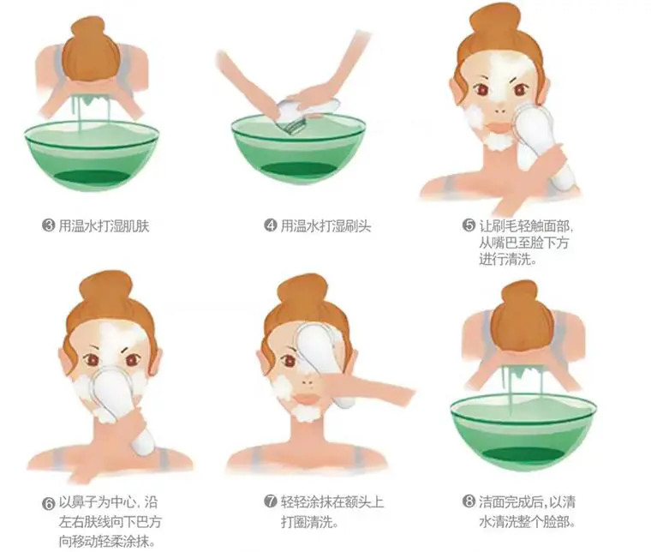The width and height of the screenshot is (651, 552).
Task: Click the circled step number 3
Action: pos(49,226)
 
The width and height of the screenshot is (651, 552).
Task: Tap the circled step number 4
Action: pos(271,226)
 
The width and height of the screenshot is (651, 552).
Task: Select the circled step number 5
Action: pos(469,225)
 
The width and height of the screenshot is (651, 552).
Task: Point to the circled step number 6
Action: pos(48,503)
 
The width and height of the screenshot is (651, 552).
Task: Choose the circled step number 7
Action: pos(270,503)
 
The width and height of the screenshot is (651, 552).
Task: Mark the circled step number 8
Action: pos(469,503)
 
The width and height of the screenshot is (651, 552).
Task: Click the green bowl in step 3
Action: pos(92,154)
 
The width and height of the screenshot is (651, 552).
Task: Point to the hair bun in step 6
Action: pos(106,288)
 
